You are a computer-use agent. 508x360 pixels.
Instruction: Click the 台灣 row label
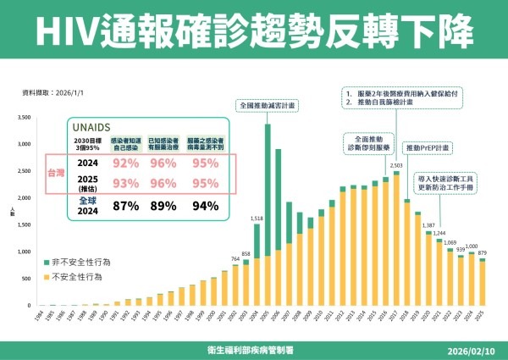click(56, 171)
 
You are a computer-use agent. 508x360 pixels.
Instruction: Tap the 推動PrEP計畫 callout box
click(428, 147)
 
